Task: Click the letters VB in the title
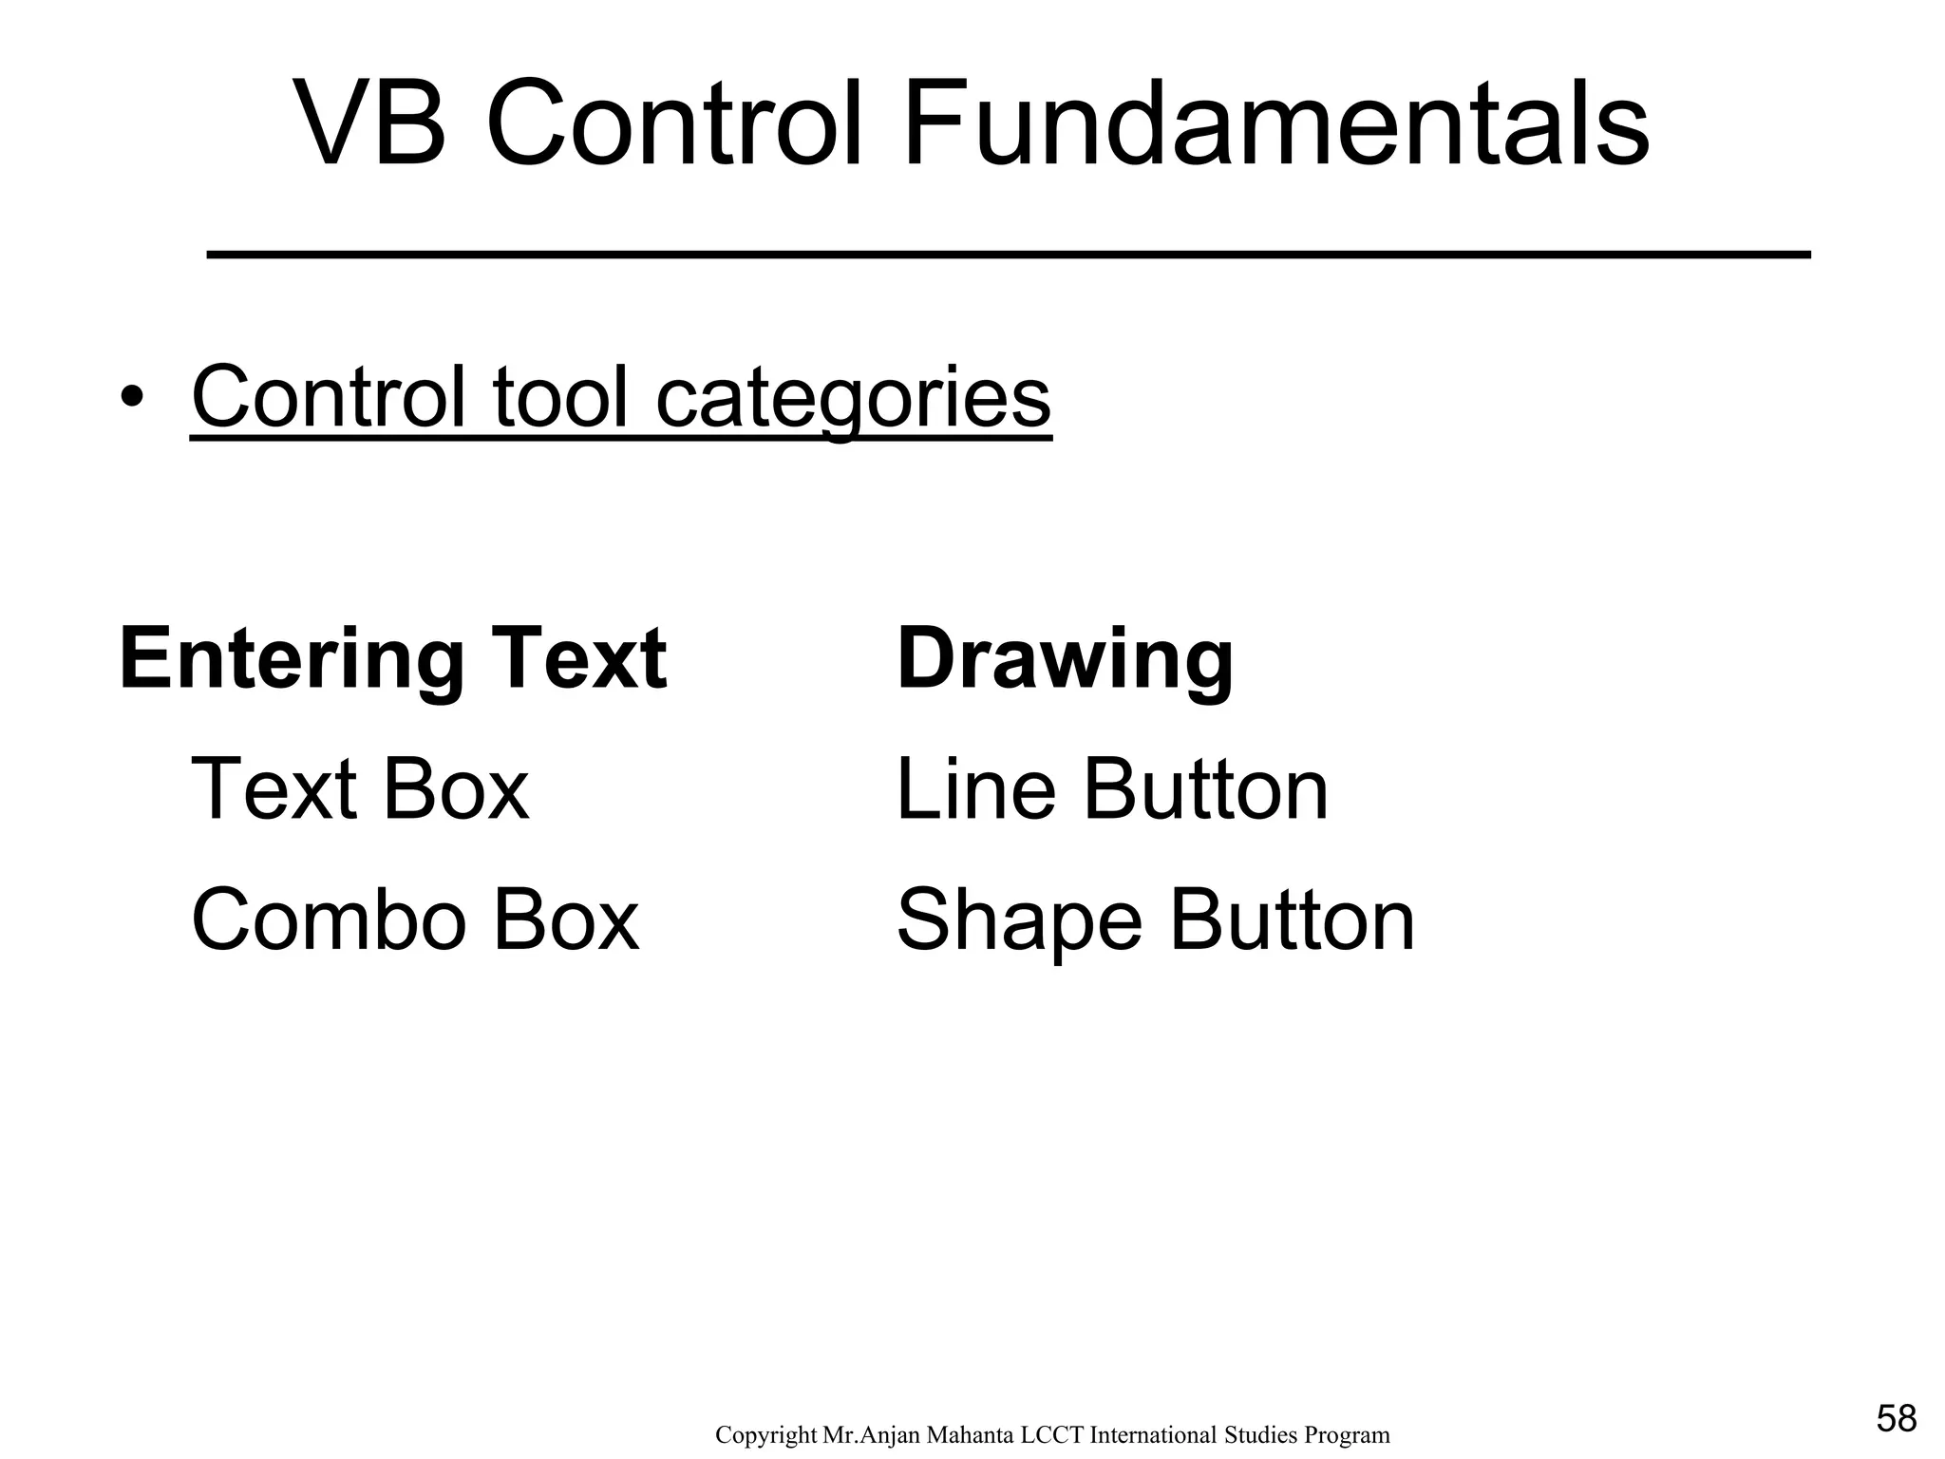[x=370, y=124]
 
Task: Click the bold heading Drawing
[x=1065, y=660]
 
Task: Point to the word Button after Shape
[x=1292, y=920]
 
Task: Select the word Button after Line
[x=1205, y=789]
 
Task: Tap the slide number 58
[x=1897, y=1419]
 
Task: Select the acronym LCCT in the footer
[x=1051, y=1435]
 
